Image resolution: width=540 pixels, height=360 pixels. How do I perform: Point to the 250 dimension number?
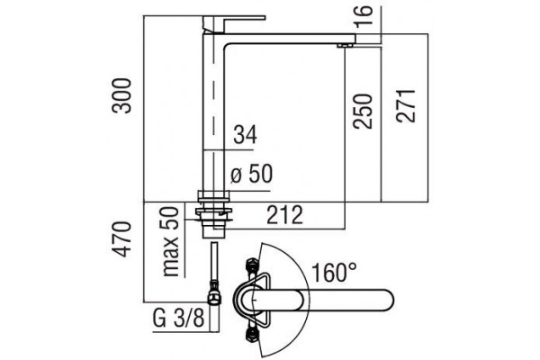[x=364, y=111]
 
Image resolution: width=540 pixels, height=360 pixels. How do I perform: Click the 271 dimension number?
[x=406, y=106]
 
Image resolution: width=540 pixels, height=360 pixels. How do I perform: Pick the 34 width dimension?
[x=245, y=134]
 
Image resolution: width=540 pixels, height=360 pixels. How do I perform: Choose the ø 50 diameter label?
[x=251, y=174]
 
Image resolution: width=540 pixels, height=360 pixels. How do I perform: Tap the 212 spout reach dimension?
[x=284, y=214]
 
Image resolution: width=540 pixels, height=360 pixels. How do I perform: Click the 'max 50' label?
[x=171, y=241]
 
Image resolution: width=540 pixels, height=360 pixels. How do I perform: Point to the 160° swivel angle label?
[x=334, y=272]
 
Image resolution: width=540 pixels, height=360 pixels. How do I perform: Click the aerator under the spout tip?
[x=345, y=45]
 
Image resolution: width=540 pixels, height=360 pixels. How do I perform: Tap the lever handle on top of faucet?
[x=234, y=23]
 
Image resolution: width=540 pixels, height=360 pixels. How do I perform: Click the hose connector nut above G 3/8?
[x=214, y=292]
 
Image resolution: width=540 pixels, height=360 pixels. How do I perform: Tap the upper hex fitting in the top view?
[x=251, y=266]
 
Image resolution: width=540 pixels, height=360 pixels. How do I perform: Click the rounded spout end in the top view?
[x=385, y=299]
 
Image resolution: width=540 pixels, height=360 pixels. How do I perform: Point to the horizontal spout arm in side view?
[x=290, y=39]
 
